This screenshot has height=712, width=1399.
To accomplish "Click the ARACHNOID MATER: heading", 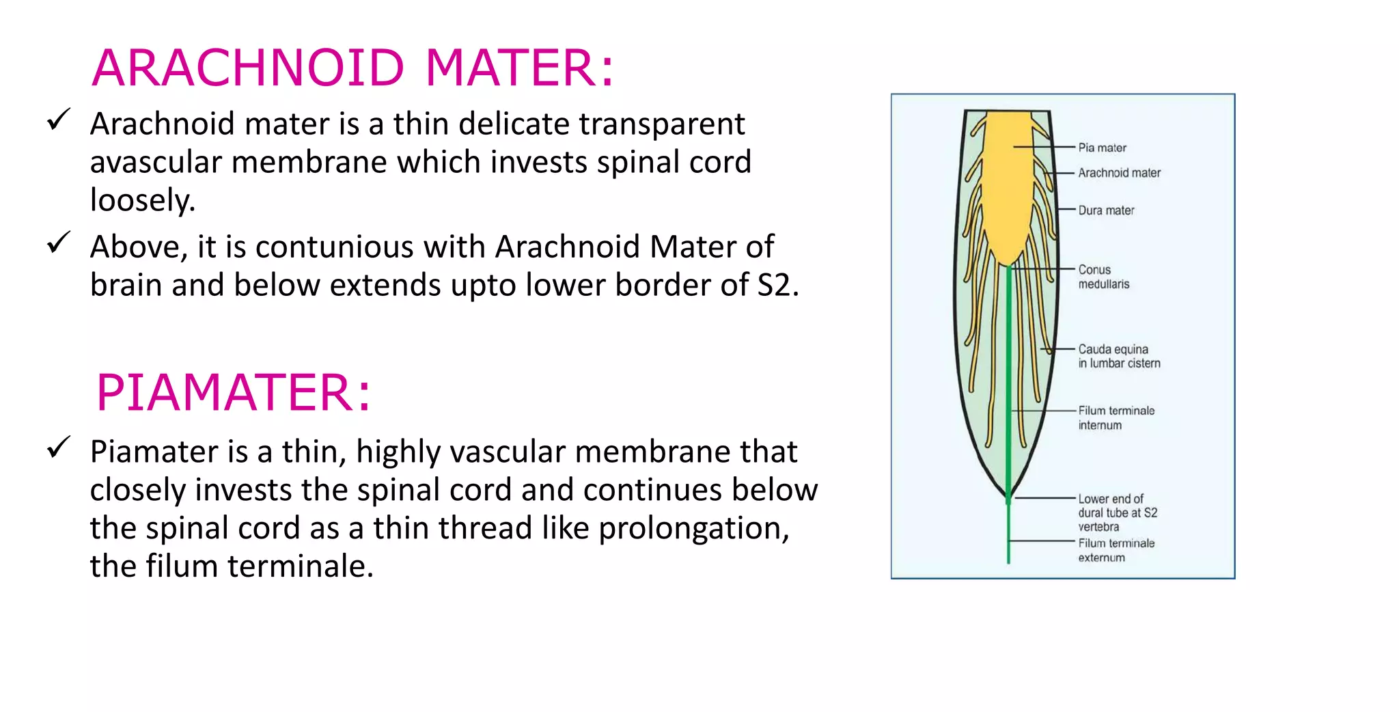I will tap(352, 68).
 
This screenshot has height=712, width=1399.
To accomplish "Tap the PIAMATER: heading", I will tap(233, 392).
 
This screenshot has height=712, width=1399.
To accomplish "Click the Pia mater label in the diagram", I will tap(1102, 148).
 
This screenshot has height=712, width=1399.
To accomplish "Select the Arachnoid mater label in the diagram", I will tap(1119, 173).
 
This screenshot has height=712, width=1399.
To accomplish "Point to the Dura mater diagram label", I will tap(1106, 210).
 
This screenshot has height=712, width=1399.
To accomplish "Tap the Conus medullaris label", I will tap(1103, 277).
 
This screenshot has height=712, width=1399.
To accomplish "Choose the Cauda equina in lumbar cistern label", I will tap(1119, 356).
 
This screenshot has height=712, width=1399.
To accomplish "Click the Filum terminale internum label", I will tap(1116, 417).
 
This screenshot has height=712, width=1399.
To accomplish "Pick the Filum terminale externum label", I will tap(1116, 550).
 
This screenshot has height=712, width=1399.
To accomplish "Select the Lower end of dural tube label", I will tap(1118, 512).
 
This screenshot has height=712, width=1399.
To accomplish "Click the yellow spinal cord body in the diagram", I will tap(1007, 184).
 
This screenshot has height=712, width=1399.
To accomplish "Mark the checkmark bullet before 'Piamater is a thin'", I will tap(59, 448).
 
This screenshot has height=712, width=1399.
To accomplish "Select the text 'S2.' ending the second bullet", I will tap(778, 285).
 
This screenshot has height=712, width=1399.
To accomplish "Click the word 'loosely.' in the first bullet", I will tap(143, 201).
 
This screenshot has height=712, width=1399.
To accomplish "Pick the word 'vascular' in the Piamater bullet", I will tap(508, 452).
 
